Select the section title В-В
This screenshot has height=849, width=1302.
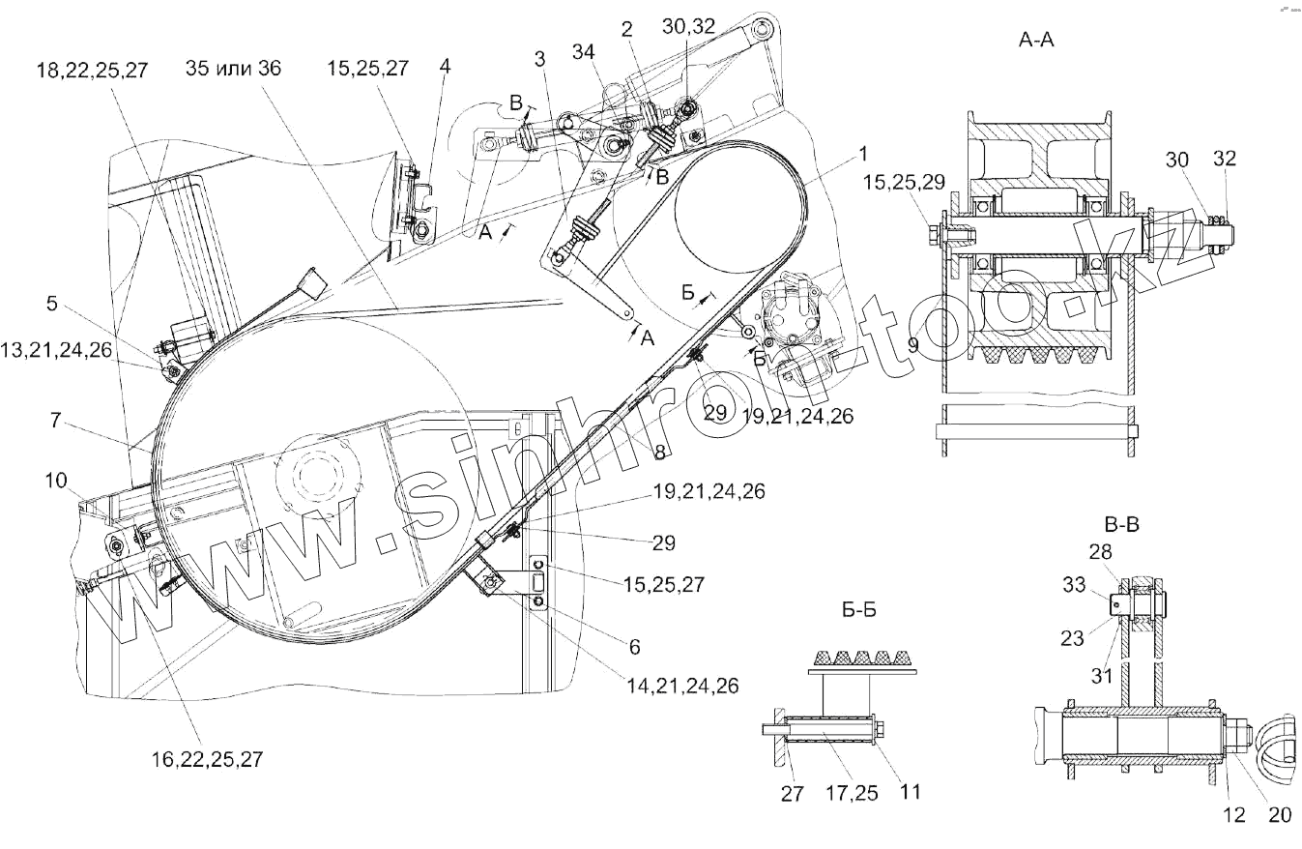(x=1121, y=526)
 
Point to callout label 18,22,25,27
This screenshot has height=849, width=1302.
(x=92, y=71)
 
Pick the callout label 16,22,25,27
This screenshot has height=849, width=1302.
(x=207, y=760)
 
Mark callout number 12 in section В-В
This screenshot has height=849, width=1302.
(x=1234, y=815)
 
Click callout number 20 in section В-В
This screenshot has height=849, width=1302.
(x=1279, y=815)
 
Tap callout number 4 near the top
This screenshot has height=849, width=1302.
(x=444, y=67)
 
